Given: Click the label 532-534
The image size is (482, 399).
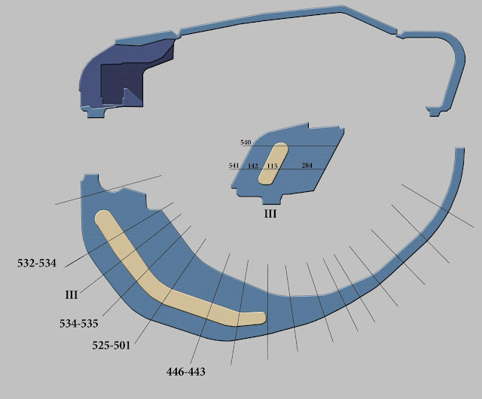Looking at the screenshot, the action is click(37, 263).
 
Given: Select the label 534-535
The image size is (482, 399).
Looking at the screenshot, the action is click(79, 324).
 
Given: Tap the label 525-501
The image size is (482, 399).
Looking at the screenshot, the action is click(111, 346).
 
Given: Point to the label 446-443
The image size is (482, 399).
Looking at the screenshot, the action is click(186, 372).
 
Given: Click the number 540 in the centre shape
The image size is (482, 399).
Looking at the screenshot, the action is click(246, 142).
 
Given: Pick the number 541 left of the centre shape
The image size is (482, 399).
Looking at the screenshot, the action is click(234, 166).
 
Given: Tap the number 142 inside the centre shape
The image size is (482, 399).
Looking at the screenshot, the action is click(253, 166).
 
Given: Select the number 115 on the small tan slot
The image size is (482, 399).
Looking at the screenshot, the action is click(272, 166).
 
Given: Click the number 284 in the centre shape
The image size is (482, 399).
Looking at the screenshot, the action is click(307, 166).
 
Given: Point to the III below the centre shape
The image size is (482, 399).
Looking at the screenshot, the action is click(270, 214).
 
